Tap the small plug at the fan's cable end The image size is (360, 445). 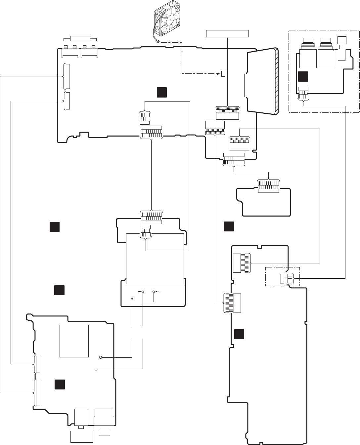157,42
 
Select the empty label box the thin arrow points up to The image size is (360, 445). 227,33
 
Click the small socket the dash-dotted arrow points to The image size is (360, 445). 223,73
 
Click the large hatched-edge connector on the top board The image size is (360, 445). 263,81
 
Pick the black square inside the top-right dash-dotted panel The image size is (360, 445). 303,76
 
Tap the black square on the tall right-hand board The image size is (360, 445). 239,334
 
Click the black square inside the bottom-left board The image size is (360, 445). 60,384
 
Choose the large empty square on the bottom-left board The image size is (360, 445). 74,341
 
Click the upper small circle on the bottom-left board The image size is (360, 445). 100,357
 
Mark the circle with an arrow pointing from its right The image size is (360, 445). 154,292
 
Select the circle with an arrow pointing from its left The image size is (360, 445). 143,292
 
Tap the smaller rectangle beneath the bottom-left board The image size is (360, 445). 105,433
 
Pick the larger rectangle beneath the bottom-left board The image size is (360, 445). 82,437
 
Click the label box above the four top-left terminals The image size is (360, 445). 80,38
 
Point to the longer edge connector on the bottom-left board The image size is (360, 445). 38,393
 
